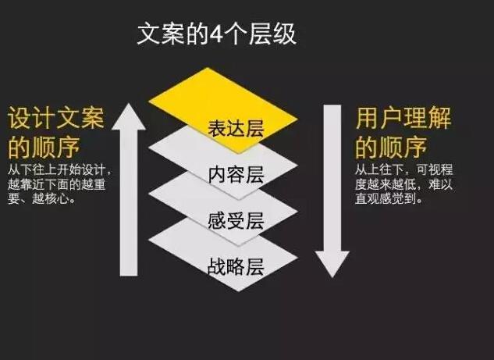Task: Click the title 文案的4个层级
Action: pos(217,34)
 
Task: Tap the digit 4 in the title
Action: pos(216,34)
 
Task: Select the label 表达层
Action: pos(236,129)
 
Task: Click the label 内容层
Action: pos(236,175)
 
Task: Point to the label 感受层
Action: pos(236,221)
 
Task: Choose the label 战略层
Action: pos(236,267)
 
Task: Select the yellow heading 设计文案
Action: pos(55,118)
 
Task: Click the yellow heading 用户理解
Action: pos(403,118)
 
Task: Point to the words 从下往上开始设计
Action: pos(56,170)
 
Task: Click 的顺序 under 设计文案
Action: pos(44,148)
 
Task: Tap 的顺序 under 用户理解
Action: pos(391,148)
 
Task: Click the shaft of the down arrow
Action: pos(332,178)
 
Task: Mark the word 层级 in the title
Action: pos(272,34)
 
